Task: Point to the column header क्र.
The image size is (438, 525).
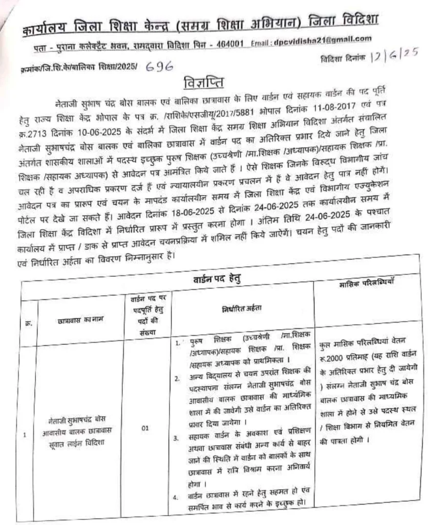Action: [x=27, y=323]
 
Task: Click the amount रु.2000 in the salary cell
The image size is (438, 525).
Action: [x=333, y=358]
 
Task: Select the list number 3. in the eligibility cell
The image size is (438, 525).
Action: [x=177, y=438]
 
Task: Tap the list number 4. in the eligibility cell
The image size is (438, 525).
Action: [x=176, y=496]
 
